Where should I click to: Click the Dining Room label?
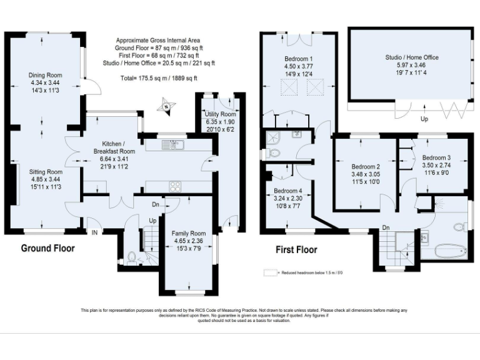tap(46, 75)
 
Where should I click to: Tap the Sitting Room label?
tap(46, 171)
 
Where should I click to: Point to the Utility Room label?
tap(220, 115)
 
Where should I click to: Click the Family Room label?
tap(189, 233)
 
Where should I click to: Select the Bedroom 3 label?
tap(436, 157)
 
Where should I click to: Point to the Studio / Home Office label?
tap(411, 57)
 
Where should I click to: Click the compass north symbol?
tap(166, 106)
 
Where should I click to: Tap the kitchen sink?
tap(169, 145)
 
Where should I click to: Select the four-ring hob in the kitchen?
tap(175, 185)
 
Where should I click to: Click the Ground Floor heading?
tap(48, 248)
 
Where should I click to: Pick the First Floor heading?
tap(297, 250)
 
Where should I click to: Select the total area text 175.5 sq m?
tap(159, 78)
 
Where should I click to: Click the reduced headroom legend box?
tap(270, 272)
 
